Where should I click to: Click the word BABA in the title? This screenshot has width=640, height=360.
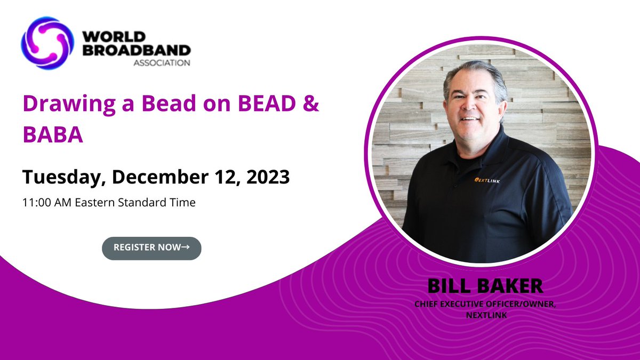tap(52, 135)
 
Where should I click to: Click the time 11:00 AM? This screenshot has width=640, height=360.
tap(45, 203)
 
